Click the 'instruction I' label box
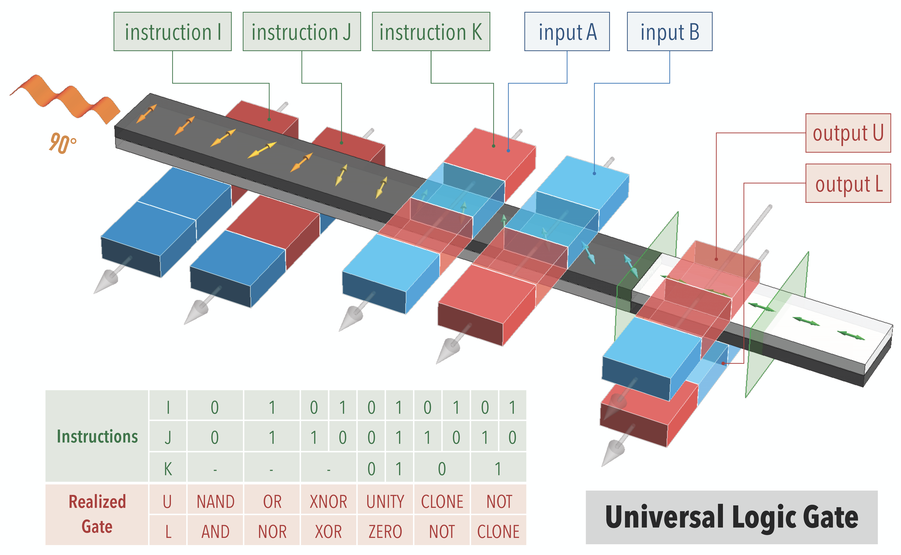[172, 32]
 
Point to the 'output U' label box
[848, 133]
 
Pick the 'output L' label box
[848, 183]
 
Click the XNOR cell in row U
[328, 501]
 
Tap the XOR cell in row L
[328, 531]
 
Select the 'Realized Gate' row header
[97, 514]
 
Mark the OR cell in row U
[272, 501]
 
